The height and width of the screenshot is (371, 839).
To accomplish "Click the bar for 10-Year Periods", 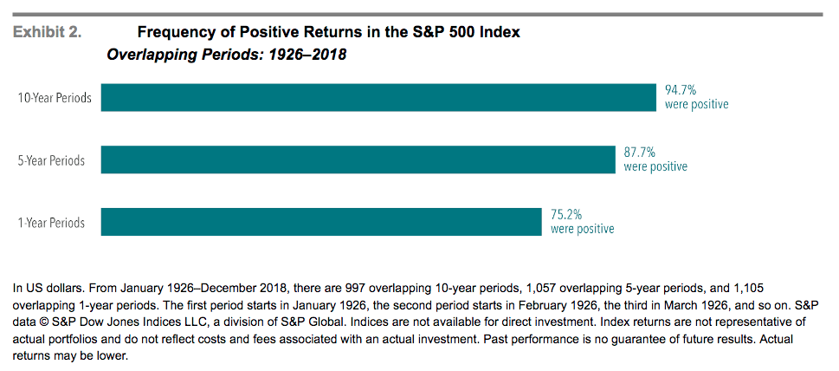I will point(378,97).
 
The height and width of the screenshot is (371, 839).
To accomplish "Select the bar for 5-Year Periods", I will point(358,159).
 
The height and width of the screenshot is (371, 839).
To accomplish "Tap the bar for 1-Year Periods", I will point(321,222).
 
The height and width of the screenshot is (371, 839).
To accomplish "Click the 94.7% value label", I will point(681,89).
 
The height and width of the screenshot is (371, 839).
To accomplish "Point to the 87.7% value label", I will point(640,152).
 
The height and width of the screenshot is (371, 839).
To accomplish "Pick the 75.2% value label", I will point(566,214).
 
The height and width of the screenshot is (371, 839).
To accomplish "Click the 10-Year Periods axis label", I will point(55,98).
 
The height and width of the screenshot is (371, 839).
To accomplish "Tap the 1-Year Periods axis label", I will point(52,223).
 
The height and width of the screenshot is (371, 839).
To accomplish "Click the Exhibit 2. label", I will point(47,33).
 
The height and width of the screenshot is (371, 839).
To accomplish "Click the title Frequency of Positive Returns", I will point(328,33).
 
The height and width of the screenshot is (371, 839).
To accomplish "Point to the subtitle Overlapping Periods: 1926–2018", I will point(226,55).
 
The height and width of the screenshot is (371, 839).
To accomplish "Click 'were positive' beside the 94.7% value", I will point(696,104).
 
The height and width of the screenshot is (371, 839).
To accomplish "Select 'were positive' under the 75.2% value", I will point(582,229).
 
